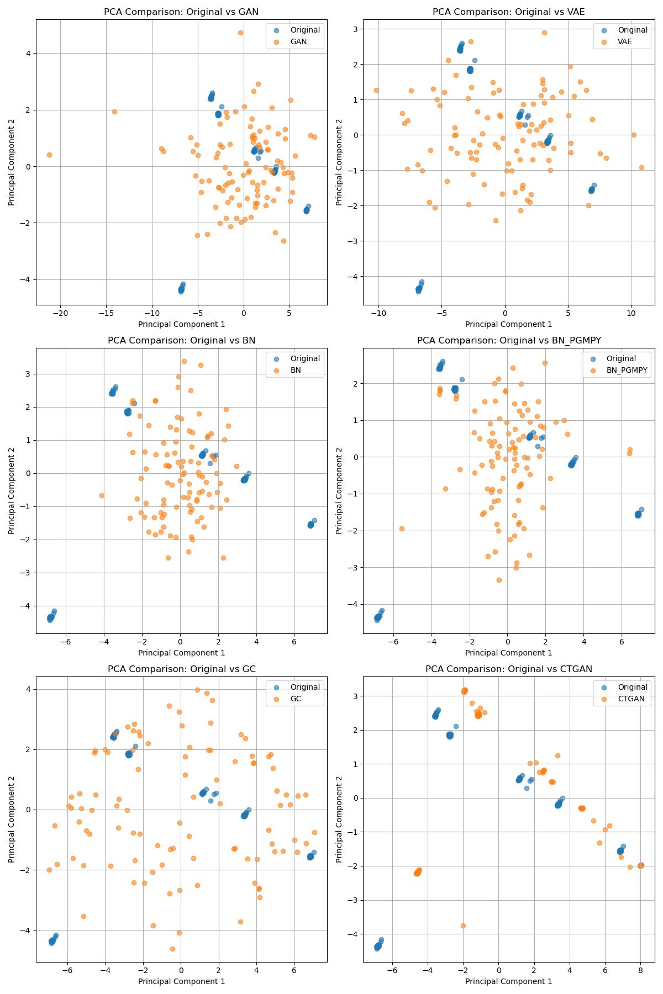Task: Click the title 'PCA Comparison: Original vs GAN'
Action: [181, 12]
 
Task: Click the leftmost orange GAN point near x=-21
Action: [49, 155]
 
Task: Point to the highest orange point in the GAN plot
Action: [240, 33]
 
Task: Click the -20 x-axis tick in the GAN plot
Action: [60, 313]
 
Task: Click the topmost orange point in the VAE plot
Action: [544, 33]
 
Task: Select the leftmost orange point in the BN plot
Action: [102, 495]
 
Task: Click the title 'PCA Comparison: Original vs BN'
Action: [181, 340]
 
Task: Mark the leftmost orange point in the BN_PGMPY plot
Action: [402, 528]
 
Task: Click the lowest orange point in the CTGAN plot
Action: [463, 926]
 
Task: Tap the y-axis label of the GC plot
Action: [12, 819]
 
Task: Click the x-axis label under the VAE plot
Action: [508, 324]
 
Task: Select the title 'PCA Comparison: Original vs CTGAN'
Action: [508, 669]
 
